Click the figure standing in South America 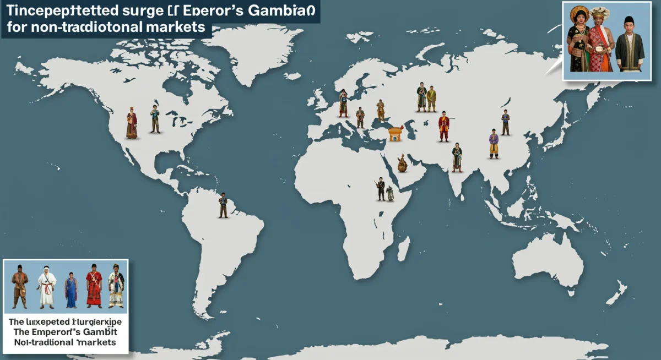[x=223, y=205]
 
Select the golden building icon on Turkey [x=395, y=133]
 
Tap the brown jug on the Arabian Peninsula [x=402, y=163]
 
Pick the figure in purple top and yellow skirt [x=494, y=144]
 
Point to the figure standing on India [x=457, y=157]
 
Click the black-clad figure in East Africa [x=380, y=189]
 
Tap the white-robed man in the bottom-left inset [x=47, y=285]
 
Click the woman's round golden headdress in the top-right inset [x=579, y=14]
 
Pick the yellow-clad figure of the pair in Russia [x=431, y=99]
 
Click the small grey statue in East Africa [x=390, y=193]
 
